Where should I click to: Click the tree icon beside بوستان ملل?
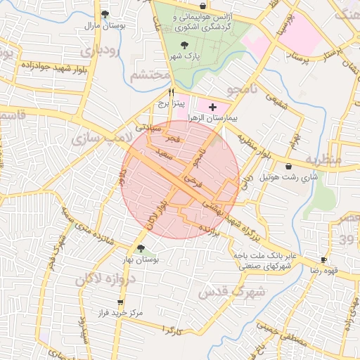coord(105,14)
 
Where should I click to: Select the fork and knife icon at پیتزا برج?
coord(171,92)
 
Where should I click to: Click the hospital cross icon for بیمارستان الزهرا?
coord(213,106)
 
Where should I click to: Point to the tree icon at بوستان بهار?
coord(141,248)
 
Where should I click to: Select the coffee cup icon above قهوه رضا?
coord(323,259)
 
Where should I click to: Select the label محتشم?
coord(151,74)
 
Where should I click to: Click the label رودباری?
coord(101,51)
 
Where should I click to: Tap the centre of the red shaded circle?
coord(181,179)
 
